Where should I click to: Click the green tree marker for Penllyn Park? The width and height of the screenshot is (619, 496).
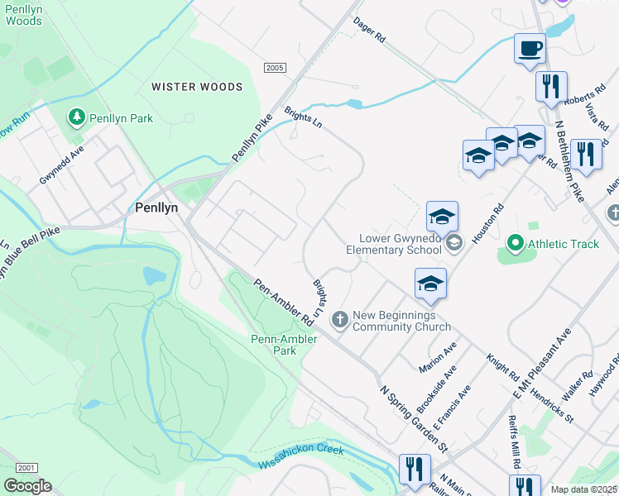(77, 118)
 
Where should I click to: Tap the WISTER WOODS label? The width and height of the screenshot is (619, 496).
(197, 87)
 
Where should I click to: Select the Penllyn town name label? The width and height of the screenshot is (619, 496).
(156, 209)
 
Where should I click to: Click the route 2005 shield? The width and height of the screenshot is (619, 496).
(276, 68)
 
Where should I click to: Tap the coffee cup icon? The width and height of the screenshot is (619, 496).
(530, 48)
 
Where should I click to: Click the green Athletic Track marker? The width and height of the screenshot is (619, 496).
(515, 243)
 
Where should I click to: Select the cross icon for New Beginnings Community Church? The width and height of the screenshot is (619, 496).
(339, 320)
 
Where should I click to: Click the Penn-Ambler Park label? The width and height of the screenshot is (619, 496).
(273, 345)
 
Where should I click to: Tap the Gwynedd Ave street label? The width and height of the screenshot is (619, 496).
(62, 166)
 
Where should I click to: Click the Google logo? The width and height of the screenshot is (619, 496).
(27, 486)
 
